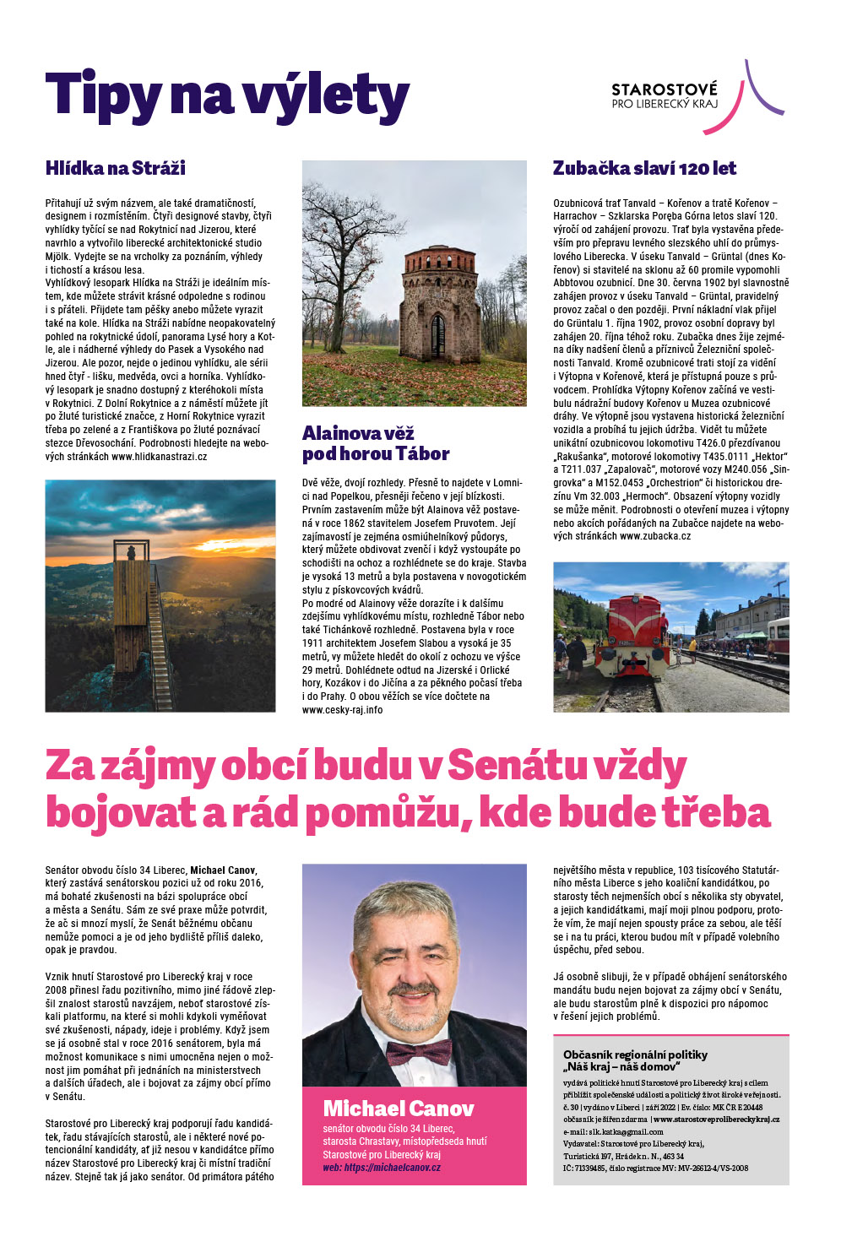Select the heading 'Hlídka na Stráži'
point(116,168)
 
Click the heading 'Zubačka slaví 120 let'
point(644,168)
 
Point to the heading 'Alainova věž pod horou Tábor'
point(376,443)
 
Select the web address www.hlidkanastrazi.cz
point(159,456)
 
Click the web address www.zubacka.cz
point(655,536)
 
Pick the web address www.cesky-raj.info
point(342,710)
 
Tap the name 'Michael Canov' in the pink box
point(399,1109)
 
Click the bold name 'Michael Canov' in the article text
point(223,870)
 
